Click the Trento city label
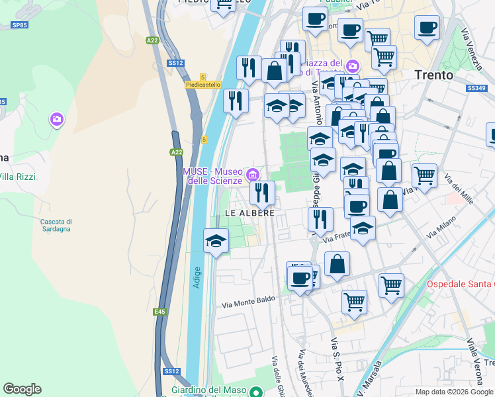(x=434, y=75)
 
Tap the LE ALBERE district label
(x=249, y=212)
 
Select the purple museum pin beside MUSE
(x=251, y=175)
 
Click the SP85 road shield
(x=20, y=25)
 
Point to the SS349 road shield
(x=476, y=88)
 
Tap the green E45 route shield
(x=159, y=312)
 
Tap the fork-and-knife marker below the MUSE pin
(x=263, y=193)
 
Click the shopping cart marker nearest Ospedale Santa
(x=392, y=286)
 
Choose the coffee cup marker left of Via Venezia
(x=426, y=28)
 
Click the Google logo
(x=22, y=389)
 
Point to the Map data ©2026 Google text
(x=455, y=392)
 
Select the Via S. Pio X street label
(x=337, y=359)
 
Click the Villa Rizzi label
(x=17, y=177)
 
